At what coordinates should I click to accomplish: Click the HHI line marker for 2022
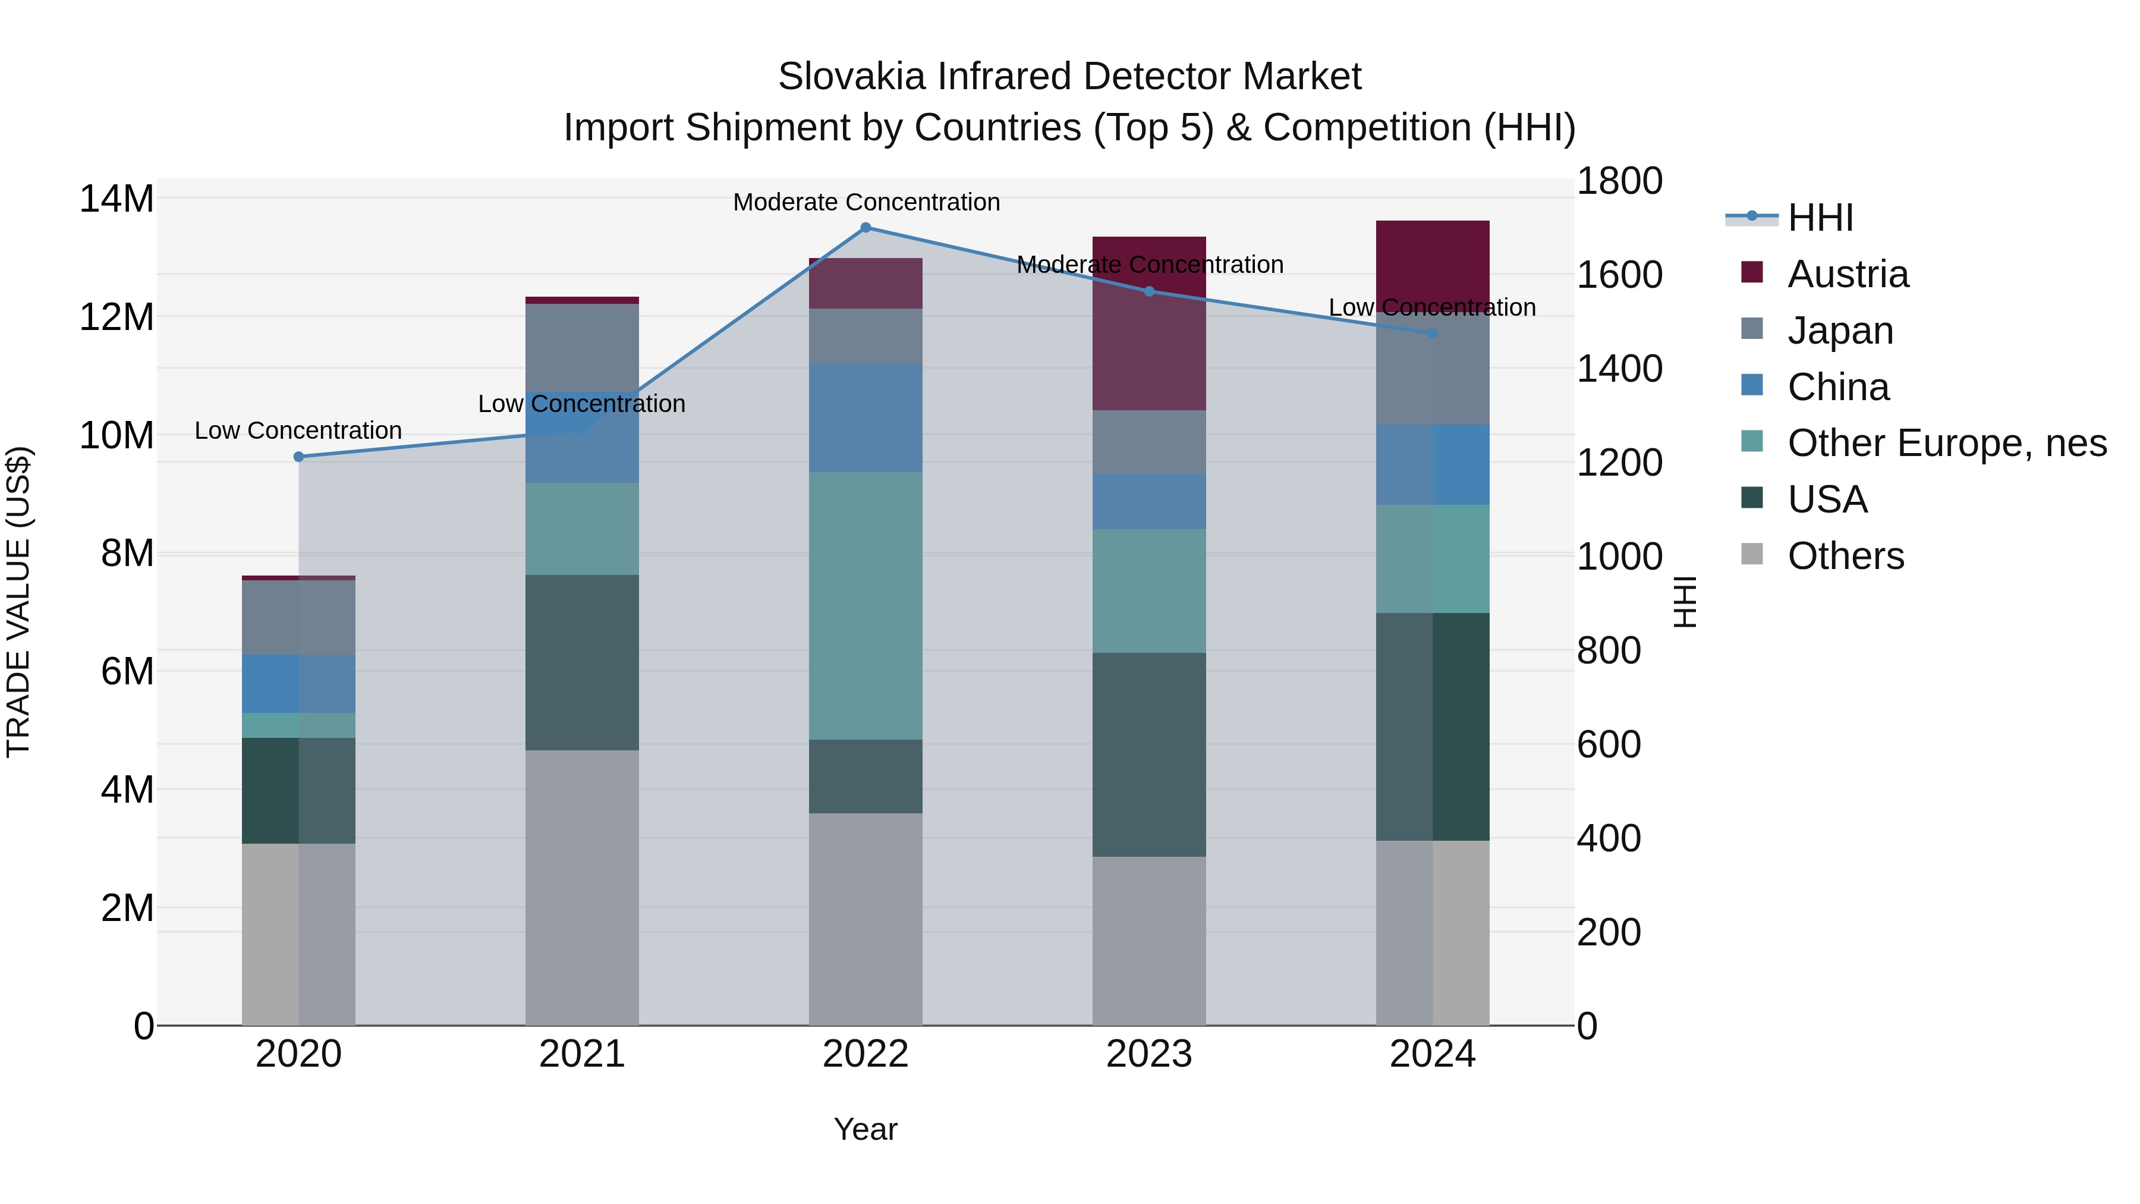(865, 228)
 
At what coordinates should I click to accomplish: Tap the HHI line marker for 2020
(299, 457)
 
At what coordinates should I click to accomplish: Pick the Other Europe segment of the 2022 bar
(865, 606)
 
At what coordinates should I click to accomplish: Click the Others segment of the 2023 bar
(1149, 941)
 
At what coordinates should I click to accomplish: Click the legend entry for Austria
(1847, 274)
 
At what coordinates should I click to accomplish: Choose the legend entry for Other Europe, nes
(1946, 443)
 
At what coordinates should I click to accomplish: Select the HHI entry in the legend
(1820, 218)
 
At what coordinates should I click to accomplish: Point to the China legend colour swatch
(1752, 385)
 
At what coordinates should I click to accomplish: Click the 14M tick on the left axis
(117, 199)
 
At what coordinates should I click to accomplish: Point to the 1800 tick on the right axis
(1619, 181)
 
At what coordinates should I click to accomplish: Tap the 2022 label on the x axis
(865, 1054)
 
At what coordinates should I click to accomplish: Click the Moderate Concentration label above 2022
(866, 202)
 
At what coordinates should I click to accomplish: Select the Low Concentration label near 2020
(298, 430)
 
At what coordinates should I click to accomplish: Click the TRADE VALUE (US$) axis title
(18, 602)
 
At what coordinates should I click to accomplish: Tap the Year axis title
(865, 1129)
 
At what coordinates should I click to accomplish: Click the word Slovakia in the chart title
(851, 77)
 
